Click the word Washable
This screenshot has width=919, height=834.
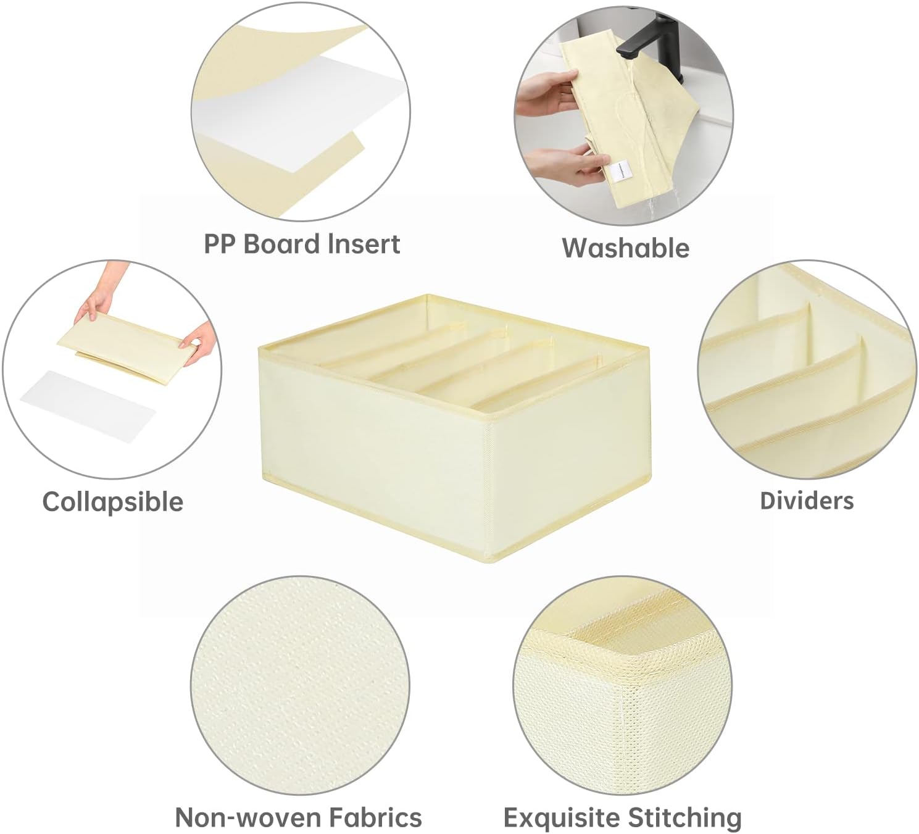625,248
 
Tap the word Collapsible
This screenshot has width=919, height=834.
113,502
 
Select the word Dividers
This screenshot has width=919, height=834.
807,501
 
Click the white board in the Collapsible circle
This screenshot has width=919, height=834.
88,406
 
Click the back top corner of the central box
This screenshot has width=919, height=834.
428,295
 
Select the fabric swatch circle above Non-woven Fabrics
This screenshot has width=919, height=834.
300,685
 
